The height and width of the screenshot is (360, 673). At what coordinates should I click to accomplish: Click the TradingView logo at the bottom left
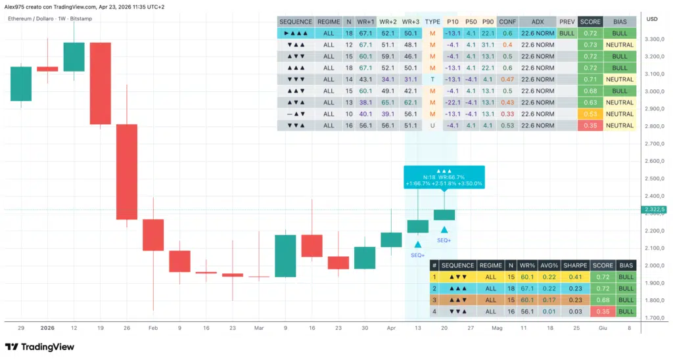click(39, 347)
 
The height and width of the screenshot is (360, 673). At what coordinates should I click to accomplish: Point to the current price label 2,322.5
click(655, 210)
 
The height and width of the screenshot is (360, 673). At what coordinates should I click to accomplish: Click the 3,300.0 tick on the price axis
click(655, 39)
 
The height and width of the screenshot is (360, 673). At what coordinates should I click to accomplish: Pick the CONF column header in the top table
click(507, 22)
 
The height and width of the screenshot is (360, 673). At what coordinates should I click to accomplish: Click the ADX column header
click(538, 22)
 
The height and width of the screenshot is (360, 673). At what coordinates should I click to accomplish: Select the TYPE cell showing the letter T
click(432, 79)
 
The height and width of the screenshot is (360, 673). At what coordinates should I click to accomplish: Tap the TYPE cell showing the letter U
click(432, 125)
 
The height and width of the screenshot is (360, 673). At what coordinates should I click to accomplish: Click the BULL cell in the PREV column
click(567, 33)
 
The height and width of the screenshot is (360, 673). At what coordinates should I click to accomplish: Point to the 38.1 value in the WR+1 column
click(365, 102)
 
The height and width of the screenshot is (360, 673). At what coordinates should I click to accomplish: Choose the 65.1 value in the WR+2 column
click(388, 102)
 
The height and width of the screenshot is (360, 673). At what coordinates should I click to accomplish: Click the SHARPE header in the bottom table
click(575, 265)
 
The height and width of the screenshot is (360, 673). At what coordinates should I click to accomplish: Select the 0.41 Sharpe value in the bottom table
click(575, 277)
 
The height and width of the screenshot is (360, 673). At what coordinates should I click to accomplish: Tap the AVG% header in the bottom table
click(549, 265)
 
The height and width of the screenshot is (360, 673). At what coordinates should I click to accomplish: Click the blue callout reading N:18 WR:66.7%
click(444, 177)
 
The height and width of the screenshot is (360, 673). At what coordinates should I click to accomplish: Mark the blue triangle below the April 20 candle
click(444, 230)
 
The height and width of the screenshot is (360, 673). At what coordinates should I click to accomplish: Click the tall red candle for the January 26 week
click(127, 171)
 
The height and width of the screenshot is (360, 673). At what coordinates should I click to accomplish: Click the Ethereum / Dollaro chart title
click(32, 18)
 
